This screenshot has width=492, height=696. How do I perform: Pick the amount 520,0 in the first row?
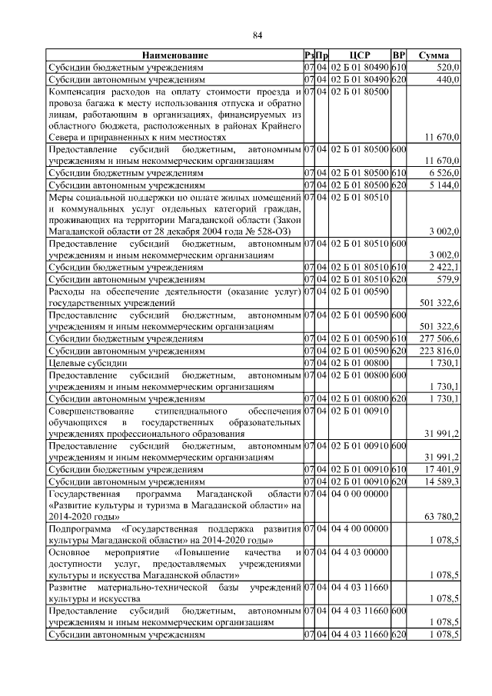(x=447, y=68)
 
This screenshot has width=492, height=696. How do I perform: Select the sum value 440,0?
(x=447, y=79)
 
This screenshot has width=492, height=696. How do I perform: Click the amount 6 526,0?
(x=445, y=174)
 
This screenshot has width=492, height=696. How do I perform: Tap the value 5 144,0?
(x=445, y=185)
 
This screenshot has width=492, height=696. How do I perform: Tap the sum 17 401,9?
(x=442, y=468)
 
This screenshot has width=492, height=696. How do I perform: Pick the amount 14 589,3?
(x=442, y=479)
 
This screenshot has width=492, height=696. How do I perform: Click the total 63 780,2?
(x=442, y=515)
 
